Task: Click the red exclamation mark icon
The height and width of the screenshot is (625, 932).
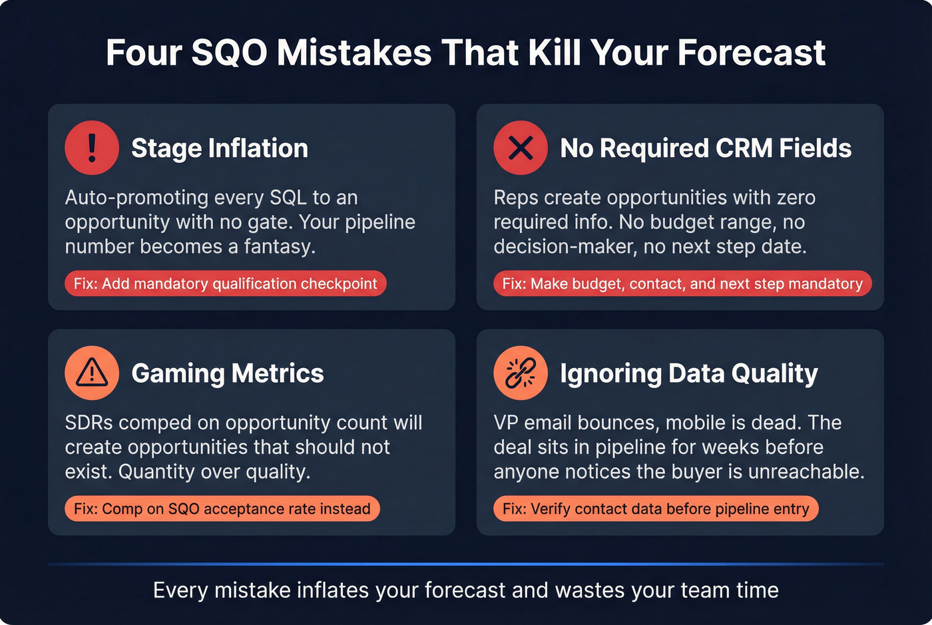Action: [x=92, y=148]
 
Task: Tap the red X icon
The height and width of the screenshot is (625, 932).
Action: [x=521, y=148]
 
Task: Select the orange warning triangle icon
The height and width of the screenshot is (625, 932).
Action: [x=92, y=373]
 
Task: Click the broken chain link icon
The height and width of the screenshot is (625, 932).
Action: [x=521, y=373]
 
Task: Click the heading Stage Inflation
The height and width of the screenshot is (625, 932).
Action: [x=220, y=148]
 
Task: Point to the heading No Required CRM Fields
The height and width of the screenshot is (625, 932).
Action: [x=706, y=148]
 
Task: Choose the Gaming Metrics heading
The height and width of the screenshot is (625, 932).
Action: [x=228, y=373]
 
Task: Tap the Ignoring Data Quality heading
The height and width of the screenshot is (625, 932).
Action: [x=689, y=373]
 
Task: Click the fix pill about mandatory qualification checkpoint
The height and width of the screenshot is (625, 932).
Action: [x=225, y=284]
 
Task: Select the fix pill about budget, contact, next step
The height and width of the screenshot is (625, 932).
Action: [x=682, y=284]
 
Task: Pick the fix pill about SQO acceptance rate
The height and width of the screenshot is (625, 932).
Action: [x=222, y=509]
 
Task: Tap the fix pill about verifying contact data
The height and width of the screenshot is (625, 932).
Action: [x=656, y=509]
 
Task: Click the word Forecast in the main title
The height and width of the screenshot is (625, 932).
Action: [x=752, y=53]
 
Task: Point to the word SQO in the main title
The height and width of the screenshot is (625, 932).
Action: [x=230, y=53]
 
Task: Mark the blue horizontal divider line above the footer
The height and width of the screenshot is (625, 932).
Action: [x=466, y=564]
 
